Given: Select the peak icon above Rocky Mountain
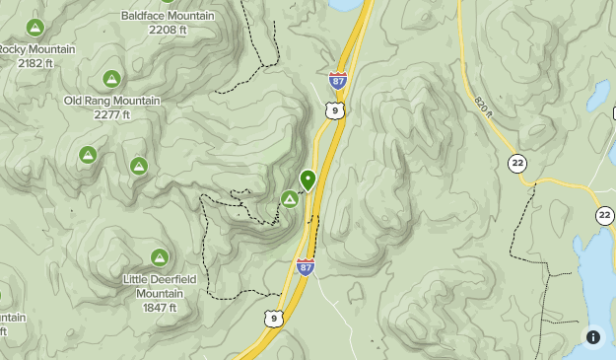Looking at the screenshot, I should coord(35,28).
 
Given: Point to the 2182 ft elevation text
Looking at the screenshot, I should coord(35,63).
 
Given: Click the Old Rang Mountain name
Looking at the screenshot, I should coord(111,101).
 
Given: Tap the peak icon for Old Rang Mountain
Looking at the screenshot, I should coord(111,79).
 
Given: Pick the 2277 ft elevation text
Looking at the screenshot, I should coord(112,114).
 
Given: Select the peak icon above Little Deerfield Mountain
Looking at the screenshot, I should coord(159,258).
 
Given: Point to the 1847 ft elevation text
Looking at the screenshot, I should coord(159,308).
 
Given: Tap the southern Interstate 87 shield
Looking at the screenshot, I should coord(306,267).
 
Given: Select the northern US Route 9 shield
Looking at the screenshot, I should coord(337,109).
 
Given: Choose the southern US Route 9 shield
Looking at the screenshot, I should coord(273,319).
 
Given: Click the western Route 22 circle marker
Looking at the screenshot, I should coord(516,163).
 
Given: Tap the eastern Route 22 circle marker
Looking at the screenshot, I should coord(604,216).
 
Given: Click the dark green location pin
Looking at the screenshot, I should coord(308,180).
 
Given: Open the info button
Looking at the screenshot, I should coord(593,337).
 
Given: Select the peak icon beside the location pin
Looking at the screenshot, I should coord(289,200).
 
